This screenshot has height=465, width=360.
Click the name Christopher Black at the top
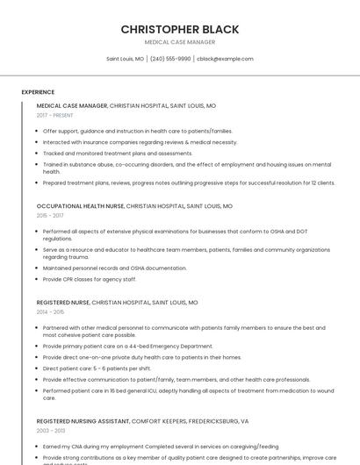(180, 29)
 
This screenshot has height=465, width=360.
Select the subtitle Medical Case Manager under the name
(180, 42)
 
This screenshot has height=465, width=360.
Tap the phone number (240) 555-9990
(170, 59)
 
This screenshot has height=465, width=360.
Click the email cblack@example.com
(225, 59)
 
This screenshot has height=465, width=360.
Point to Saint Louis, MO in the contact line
(125, 59)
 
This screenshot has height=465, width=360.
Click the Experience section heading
(38, 91)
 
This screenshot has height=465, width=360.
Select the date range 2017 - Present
(54, 115)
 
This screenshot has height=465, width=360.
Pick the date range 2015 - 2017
(50, 215)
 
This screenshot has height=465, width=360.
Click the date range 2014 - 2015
(50, 311)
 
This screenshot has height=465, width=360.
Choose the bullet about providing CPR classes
(90, 279)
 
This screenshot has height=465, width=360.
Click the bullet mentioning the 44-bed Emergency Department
(127, 347)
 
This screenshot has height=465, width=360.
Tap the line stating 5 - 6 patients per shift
(97, 368)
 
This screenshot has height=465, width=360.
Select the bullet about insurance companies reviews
(140, 142)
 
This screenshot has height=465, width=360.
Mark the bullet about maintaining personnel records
(114, 268)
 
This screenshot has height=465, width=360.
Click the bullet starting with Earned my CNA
(161, 446)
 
